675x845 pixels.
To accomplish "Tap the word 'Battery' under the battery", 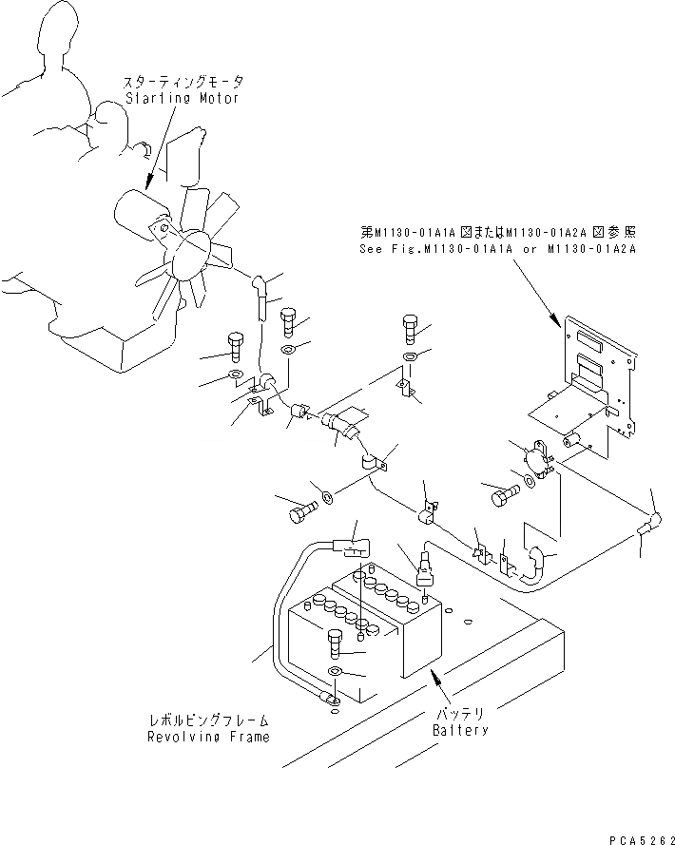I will [x=460, y=730].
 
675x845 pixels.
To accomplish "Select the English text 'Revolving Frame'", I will [x=207, y=737].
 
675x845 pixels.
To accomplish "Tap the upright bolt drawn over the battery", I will [x=335, y=645].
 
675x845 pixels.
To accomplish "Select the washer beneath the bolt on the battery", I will [x=335, y=672].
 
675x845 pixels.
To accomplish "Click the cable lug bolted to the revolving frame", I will [x=330, y=702].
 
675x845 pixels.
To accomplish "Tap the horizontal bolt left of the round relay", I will [x=505, y=494].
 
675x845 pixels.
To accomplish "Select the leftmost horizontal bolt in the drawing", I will [x=299, y=510].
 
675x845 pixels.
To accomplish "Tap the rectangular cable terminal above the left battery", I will [x=354, y=548].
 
